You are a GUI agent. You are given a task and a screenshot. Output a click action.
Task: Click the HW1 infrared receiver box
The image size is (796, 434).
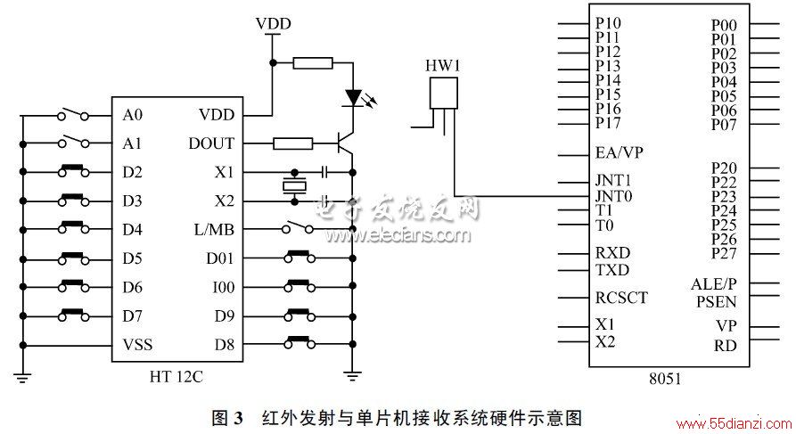(443, 93)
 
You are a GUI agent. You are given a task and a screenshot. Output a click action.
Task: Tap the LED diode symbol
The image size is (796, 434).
(353, 97)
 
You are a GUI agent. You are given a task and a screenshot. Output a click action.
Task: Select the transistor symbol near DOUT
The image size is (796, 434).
(346, 143)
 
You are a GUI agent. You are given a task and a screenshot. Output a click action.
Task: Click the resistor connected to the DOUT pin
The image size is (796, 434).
(293, 143)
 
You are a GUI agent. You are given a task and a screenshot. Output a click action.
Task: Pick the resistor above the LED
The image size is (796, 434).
(313, 63)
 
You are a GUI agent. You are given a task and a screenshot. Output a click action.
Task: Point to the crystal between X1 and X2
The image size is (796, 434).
(294, 186)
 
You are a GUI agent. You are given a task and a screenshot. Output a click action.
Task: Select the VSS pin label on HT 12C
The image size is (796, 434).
(137, 345)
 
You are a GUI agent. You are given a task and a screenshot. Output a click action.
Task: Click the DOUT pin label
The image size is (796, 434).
(211, 143)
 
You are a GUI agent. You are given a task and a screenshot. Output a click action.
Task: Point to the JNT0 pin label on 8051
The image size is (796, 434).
(614, 196)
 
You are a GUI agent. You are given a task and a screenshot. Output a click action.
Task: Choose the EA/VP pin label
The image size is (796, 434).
(620, 152)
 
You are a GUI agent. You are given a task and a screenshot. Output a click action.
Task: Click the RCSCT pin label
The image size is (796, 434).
(621, 298)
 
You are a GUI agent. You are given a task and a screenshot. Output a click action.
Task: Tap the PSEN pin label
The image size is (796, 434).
(716, 302)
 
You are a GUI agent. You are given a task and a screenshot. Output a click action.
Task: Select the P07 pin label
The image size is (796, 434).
(724, 125)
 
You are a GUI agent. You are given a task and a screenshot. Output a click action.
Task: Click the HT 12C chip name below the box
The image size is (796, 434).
(176, 377)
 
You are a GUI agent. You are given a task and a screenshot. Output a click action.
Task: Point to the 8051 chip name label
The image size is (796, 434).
(665, 378)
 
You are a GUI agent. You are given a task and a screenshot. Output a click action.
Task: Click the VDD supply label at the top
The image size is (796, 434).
(273, 24)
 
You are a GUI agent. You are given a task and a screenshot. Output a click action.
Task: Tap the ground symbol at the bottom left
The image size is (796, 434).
(22, 377)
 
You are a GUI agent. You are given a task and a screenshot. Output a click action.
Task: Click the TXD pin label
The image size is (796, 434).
(612, 269)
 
